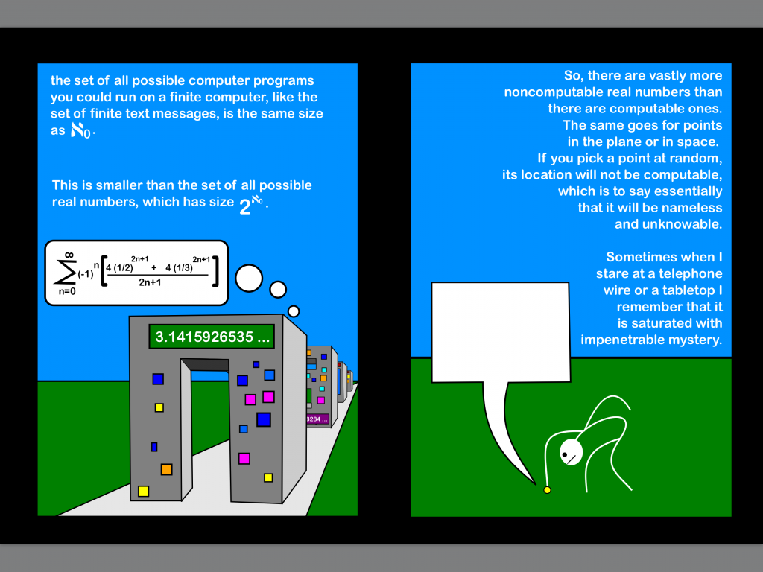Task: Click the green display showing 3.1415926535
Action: pos(212,337)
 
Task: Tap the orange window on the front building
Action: pos(166,469)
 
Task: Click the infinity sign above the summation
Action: pos(69,255)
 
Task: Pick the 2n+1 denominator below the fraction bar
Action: pos(157,282)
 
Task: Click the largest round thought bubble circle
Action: pos(249,278)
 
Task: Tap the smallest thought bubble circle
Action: pos(294,311)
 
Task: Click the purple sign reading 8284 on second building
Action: pos(317,419)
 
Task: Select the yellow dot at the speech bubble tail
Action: pos(547,489)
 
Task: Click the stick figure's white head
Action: pos(571,451)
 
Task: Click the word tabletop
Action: pos(689,290)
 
